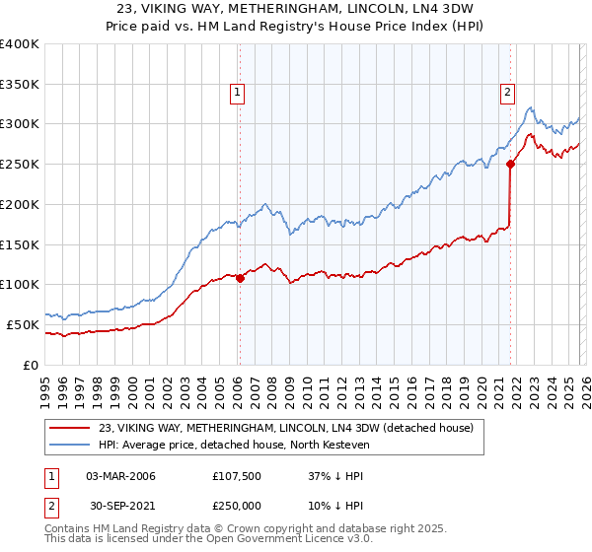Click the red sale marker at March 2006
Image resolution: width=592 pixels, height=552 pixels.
pos(240,278)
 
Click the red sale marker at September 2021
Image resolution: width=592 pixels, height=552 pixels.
pos(510,164)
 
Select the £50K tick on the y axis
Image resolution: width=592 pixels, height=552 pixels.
pos(22,324)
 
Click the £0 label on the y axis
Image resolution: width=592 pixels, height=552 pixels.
pos(30,365)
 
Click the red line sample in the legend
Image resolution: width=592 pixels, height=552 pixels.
pos(70,428)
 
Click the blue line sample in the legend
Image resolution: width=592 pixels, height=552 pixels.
pos(70,445)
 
